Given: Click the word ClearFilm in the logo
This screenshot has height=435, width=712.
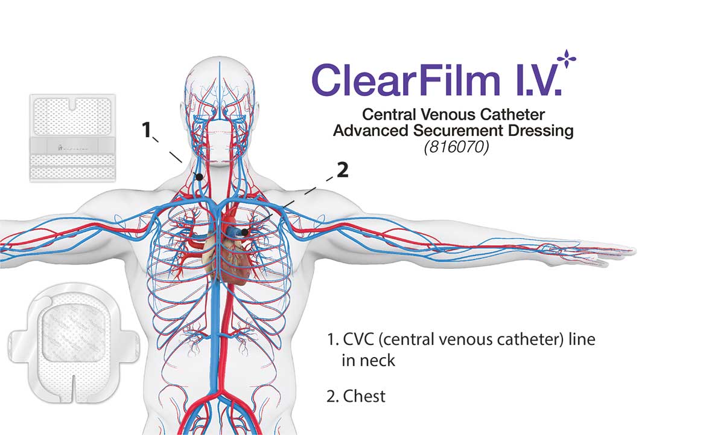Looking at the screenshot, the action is [x=405, y=80].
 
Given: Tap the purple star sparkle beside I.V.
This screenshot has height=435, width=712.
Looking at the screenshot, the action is [x=566, y=59].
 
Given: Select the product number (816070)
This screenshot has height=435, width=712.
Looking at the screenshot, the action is [x=456, y=147].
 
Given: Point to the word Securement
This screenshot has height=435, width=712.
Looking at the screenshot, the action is [x=458, y=131].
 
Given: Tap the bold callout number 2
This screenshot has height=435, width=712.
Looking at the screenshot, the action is [x=342, y=170].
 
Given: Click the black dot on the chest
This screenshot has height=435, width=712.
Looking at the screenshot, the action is [x=245, y=232].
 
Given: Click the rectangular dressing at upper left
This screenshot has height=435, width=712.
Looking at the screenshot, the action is [x=72, y=138].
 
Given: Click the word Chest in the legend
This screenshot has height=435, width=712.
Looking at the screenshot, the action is [x=364, y=396].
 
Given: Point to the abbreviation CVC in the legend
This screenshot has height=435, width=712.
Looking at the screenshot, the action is [x=358, y=340].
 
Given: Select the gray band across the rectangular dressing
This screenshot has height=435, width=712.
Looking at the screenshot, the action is [x=72, y=146].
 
